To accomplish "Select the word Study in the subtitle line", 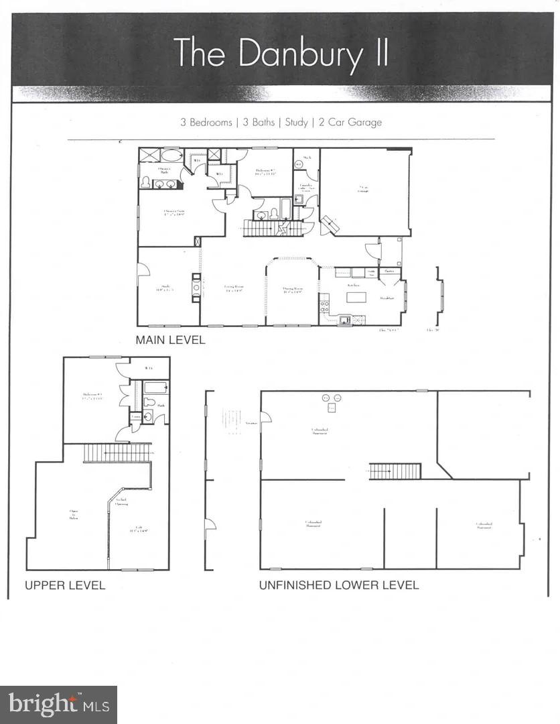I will [296, 123].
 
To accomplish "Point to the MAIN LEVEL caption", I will [170, 340].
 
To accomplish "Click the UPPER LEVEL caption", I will [65, 585].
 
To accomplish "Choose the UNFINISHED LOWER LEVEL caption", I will [339, 585].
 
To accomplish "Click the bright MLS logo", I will [58, 705].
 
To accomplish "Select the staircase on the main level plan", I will [265, 229].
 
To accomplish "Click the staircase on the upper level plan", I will [117, 453].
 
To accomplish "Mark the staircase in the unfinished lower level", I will [395, 471].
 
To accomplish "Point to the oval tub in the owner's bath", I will [171, 156].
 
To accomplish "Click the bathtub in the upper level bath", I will [156, 387].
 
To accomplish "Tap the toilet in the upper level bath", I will [149, 402].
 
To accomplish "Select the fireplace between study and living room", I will [196, 288].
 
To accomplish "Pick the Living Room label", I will [233, 289].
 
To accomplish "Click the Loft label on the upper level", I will [139, 529].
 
